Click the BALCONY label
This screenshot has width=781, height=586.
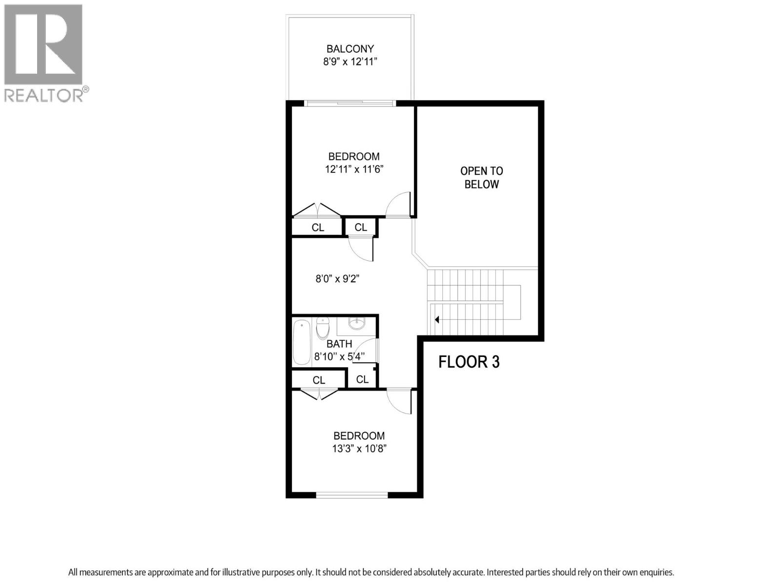pyautogui.click(x=350, y=49)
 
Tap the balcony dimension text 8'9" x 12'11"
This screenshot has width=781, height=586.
pyautogui.click(x=350, y=62)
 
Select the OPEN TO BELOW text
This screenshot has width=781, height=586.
pyautogui.click(x=481, y=178)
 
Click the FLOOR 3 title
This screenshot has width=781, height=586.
pyautogui.click(x=469, y=362)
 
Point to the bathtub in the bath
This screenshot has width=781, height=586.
pyautogui.click(x=302, y=342)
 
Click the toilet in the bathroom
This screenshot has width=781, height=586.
pyautogui.click(x=323, y=328)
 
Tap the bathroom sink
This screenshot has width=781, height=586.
pyautogui.click(x=357, y=323)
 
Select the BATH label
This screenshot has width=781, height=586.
pyautogui.click(x=339, y=344)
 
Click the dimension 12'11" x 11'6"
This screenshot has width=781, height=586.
pyautogui.click(x=354, y=169)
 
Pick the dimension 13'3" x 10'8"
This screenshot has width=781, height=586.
pyautogui.click(x=359, y=449)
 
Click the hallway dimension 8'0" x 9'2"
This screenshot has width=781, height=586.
pyautogui.click(x=337, y=279)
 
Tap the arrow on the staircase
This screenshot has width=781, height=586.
pyautogui.click(x=437, y=320)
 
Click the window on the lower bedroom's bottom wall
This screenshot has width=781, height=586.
pyautogui.click(x=352, y=495)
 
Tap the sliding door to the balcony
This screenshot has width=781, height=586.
pyautogui.click(x=350, y=103)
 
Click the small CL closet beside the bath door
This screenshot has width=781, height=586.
pyautogui.click(x=362, y=379)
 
